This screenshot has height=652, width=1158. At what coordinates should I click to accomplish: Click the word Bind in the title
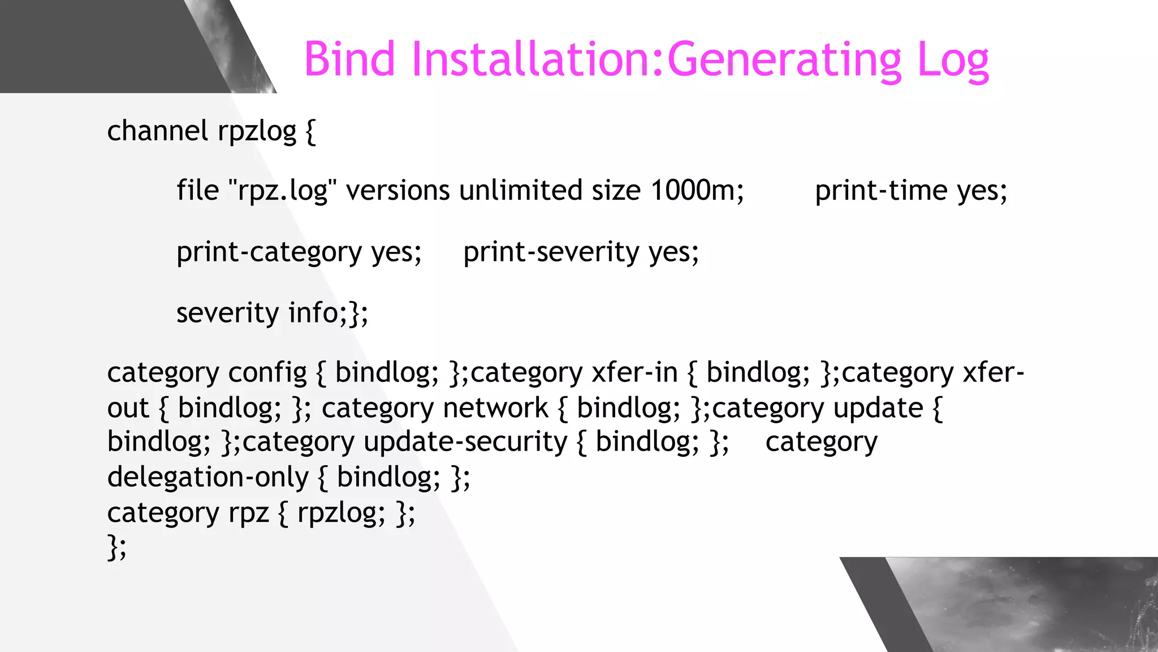pyautogui.click(x=349, y=59)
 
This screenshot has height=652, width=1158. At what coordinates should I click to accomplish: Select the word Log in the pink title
pyautogui.click(x=952, y=61)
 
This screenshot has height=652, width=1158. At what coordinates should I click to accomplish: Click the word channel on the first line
pyautogui.click(x=157, y=131)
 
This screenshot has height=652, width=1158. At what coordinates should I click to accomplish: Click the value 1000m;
pyautogui.click(x=697, y=191)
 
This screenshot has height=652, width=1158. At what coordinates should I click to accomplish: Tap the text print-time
pyautogui.click(x=881, y=191)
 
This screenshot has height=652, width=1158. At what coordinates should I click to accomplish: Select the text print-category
pyautogui.click(x=269, y=252)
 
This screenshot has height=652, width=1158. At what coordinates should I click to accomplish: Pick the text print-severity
pyautogui.click(x=551, y=252)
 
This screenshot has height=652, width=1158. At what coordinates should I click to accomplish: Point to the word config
pyautogui.click(x=267, y=374)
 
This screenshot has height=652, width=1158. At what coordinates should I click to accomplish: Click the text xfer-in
pyautogui.click(x=634, y=373)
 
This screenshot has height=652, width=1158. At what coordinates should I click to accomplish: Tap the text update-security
pyautogui.click(x=465, y=443)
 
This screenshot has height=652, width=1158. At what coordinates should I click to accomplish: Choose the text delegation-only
pyautogui.click(x=208, y=478)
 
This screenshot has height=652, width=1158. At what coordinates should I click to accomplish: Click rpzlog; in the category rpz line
pyautogui.click(x=341, y=514)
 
